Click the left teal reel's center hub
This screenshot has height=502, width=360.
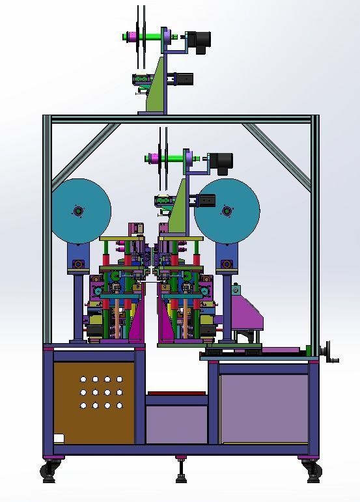pyautogui.click(x=79, y=211)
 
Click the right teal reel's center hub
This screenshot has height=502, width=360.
pyautogui.click(x=227, y=211)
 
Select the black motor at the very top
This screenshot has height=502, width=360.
pyautogui.click(x=199, y=40)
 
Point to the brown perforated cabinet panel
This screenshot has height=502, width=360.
pyautogui.click(x=94, y=402)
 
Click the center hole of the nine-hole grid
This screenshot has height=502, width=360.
pyautogui.click(x=107, y=392)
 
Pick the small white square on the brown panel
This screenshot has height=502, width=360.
pyautogui.click(x=59, y=438)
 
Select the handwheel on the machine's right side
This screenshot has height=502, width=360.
pyautogui.click(x=332, y=351)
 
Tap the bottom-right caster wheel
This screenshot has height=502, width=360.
pyautogui.click(x=311, y=472)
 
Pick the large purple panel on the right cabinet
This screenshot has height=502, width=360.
pyautogui.click(x=264, y=408)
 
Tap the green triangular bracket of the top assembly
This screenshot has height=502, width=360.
pyautogui.click(x=157, y=88)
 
